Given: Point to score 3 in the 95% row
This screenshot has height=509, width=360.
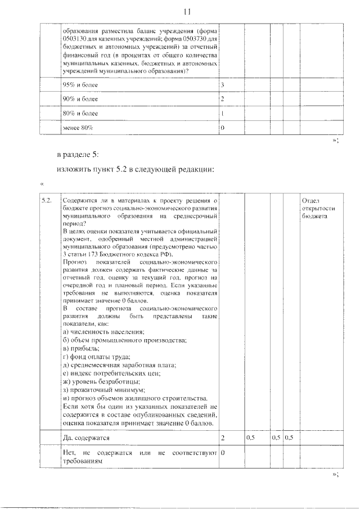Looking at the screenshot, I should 223,84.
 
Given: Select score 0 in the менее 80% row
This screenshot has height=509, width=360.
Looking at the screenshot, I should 223,128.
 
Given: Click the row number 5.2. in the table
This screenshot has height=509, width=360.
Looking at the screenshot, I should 47,200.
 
